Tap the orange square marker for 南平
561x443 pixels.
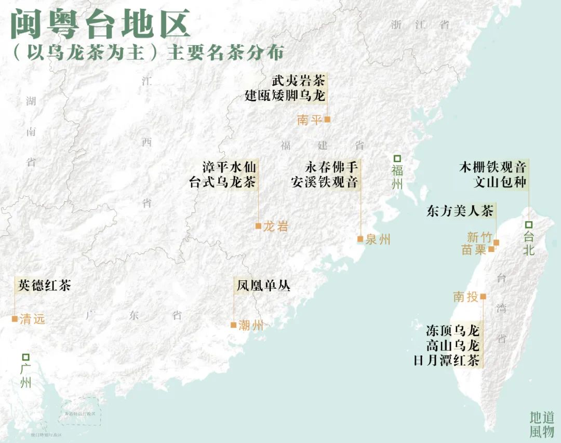[x=327, y=119]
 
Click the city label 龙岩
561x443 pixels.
[x=275, y=226]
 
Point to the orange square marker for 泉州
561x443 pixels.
[x=360, y=239]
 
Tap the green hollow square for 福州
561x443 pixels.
[x=397, y=158]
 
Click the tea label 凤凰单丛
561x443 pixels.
[x=263, y=285]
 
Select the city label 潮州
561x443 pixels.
[x=251, y=326]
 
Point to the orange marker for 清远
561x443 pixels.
[x=15, y=319]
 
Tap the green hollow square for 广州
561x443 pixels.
[x=25, y=357]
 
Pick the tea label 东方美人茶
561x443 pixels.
[x=460, y=211]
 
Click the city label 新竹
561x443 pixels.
[x=479, y=237]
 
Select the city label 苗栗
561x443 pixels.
[x=474, y=250]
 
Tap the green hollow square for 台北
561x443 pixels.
[x=528, y=224]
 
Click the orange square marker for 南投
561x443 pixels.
[x=483, y=297]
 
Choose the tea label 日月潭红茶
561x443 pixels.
[x=446, y=360]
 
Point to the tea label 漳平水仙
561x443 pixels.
[x=229, y=167]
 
